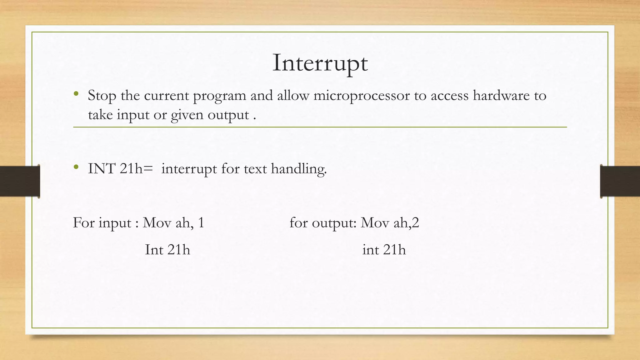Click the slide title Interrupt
tap(320, 63)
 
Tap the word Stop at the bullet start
tap(102, 96)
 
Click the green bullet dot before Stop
tap(76, 93)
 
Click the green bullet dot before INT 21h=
tap(76, 167)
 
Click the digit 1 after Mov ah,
tap(201, 223)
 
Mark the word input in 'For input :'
tap(115, 223)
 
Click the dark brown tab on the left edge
tap(20, 181)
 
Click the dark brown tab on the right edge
tap(620, 181)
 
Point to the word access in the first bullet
tap(449, 96)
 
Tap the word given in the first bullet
tap(187, 115)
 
